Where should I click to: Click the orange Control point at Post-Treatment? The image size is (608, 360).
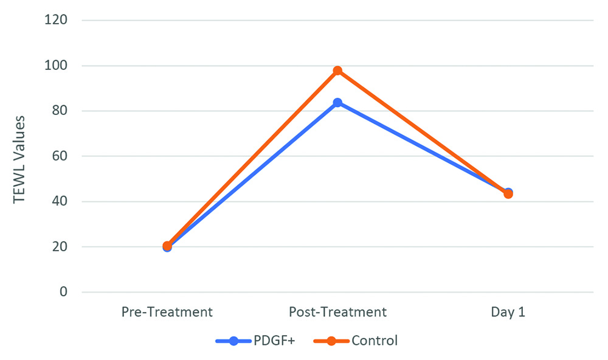tap(337, 71)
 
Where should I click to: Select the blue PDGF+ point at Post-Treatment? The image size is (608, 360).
tap(337, 103)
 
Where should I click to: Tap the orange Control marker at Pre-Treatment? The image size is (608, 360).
tap(167, 246)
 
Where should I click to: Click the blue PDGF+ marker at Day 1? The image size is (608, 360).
tap(508, 192)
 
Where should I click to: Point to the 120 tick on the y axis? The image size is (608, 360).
tap(57, 20)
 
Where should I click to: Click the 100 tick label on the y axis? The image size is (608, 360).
tap(57, 66)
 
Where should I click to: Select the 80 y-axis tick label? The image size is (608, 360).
tap(59, 111)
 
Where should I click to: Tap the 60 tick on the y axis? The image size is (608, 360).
tap(59, 156)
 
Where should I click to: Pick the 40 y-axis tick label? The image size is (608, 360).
tap(59, 202)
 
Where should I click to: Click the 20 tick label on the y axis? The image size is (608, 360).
tap(59, 247)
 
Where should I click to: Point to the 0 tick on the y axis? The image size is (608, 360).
tap(63, 292)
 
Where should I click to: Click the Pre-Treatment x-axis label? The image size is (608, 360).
tap(167, 313)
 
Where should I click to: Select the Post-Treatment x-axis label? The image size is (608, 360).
tap(337, 313)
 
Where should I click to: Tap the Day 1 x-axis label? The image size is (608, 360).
tap(508, 313)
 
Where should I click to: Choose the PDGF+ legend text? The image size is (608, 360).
tap(274, 341)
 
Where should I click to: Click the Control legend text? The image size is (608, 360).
tap(375, 341)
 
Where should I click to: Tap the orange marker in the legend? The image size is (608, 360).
tap(331, 341)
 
